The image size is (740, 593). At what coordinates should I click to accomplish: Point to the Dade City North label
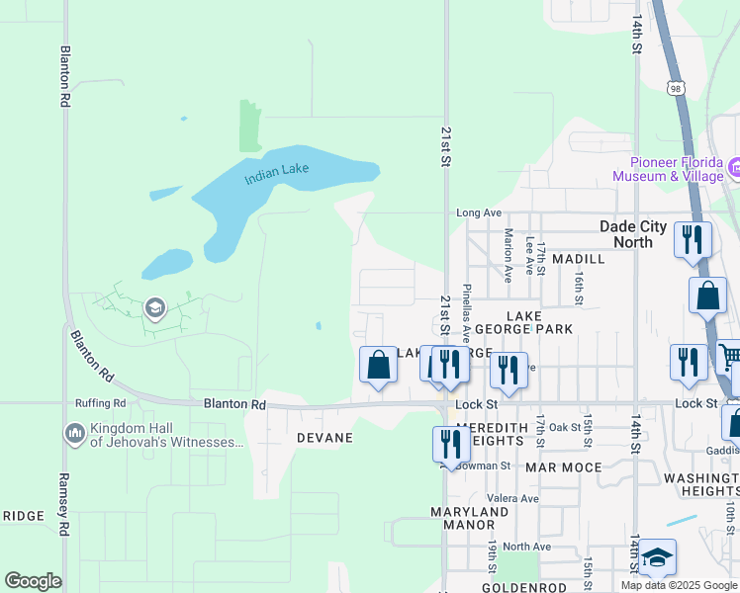click(640, 233)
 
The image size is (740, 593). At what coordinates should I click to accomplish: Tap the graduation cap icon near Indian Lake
click(154, 308)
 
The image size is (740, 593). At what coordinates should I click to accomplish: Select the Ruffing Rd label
click(100, 403)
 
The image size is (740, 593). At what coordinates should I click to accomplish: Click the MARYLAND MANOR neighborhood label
click(469, 519)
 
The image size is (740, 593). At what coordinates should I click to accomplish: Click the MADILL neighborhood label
click(579, 258)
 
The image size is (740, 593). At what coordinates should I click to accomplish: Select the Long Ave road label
click(479, 212)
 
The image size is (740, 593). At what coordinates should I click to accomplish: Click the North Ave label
click(525, 547)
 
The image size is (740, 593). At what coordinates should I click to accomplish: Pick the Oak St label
click(565, 427)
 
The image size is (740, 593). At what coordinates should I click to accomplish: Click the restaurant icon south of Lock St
click(450, 443)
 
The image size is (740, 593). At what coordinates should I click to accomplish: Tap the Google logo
click(33, 581)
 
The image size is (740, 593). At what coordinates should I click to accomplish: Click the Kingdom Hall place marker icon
click(74, 433)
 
